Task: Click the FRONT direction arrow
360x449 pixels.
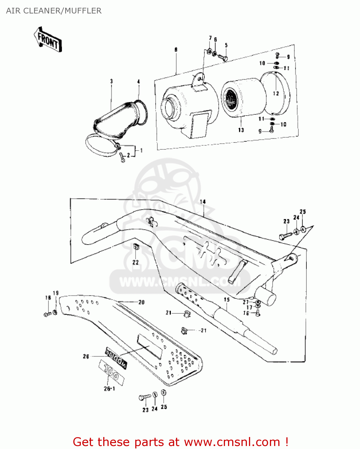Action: point(48,40)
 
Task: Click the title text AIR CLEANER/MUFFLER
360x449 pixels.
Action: point(54,11)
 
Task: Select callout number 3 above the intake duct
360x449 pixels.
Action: point(111,81)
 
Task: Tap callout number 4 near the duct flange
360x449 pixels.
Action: point(139,81)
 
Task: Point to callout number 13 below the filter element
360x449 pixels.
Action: point(241,130)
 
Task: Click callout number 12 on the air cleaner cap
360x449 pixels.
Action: point(276,93)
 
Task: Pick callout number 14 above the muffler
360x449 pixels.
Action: point(203,202)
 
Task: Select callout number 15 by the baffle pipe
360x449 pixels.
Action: point(227,299)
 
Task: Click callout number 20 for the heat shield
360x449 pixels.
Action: point(141,302)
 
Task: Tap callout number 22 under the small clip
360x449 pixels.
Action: point(136,262)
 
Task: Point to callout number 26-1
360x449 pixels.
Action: point(109,389)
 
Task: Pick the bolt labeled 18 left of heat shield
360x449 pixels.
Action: point(47,314)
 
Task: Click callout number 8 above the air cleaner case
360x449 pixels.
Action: point(176,49)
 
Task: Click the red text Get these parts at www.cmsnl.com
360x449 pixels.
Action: point(180,442)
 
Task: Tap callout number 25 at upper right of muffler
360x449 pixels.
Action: point(303,212)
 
